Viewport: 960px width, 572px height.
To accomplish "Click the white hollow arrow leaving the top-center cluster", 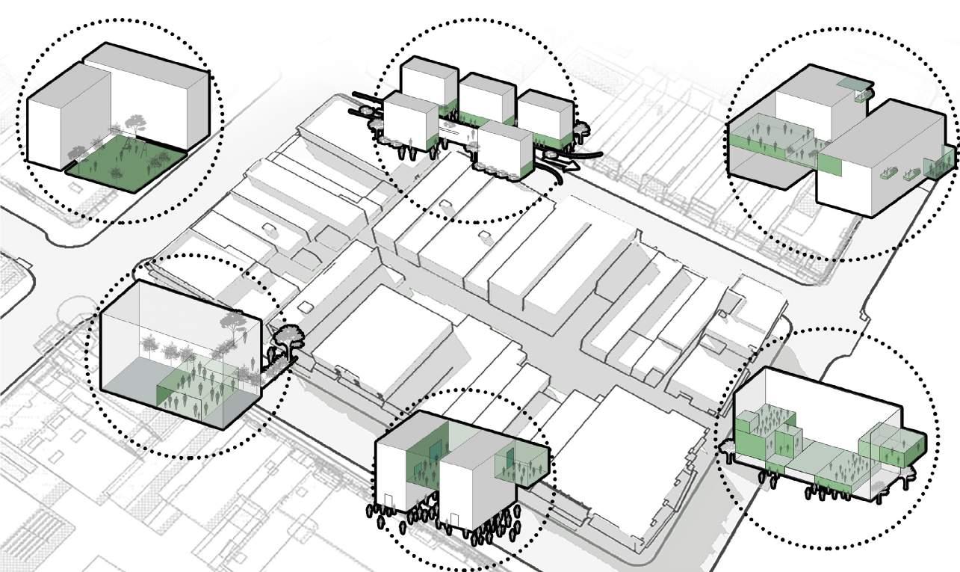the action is [x=568, y=167].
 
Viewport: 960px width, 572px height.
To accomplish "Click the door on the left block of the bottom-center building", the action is [x=388, y=505].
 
